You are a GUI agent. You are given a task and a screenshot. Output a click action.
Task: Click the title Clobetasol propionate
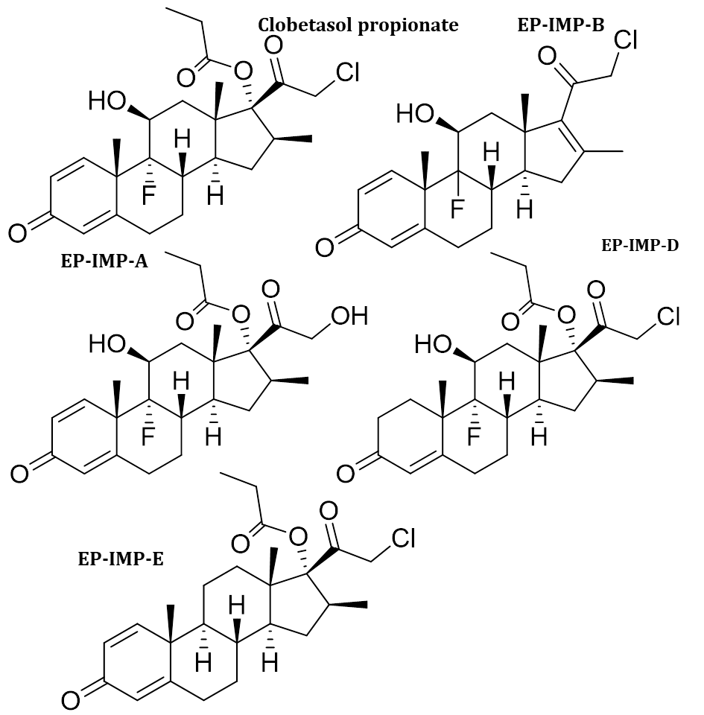click(x=358, y=25)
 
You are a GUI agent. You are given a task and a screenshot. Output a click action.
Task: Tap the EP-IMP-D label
click(x=639, y=245)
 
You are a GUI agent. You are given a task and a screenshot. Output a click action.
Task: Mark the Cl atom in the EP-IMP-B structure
click(x=623, y=42)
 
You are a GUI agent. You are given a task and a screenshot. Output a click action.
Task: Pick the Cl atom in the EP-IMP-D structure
click(x=668, y=318)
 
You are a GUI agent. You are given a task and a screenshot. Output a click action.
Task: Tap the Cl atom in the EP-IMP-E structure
click(x=402, y=538)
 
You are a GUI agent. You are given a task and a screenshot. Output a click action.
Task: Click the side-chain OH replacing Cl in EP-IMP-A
click(x=350, y=317)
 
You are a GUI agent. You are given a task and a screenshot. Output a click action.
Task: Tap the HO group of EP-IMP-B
click(x=413, y=115)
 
